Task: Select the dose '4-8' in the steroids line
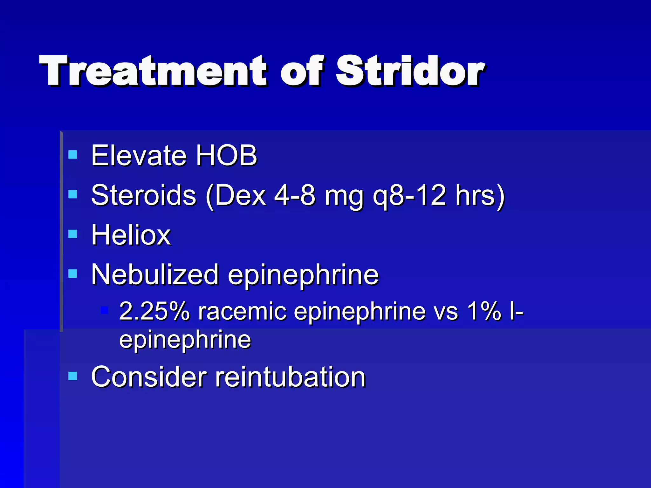coord(294,195)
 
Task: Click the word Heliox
coord(131,235)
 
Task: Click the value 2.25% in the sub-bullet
coord(154,311)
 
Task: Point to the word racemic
coord(242,311)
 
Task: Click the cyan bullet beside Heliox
coord(73,234)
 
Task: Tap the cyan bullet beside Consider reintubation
coord(73,376)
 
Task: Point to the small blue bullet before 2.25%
coord(104,310)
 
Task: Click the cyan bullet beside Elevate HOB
coord(73,155)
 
